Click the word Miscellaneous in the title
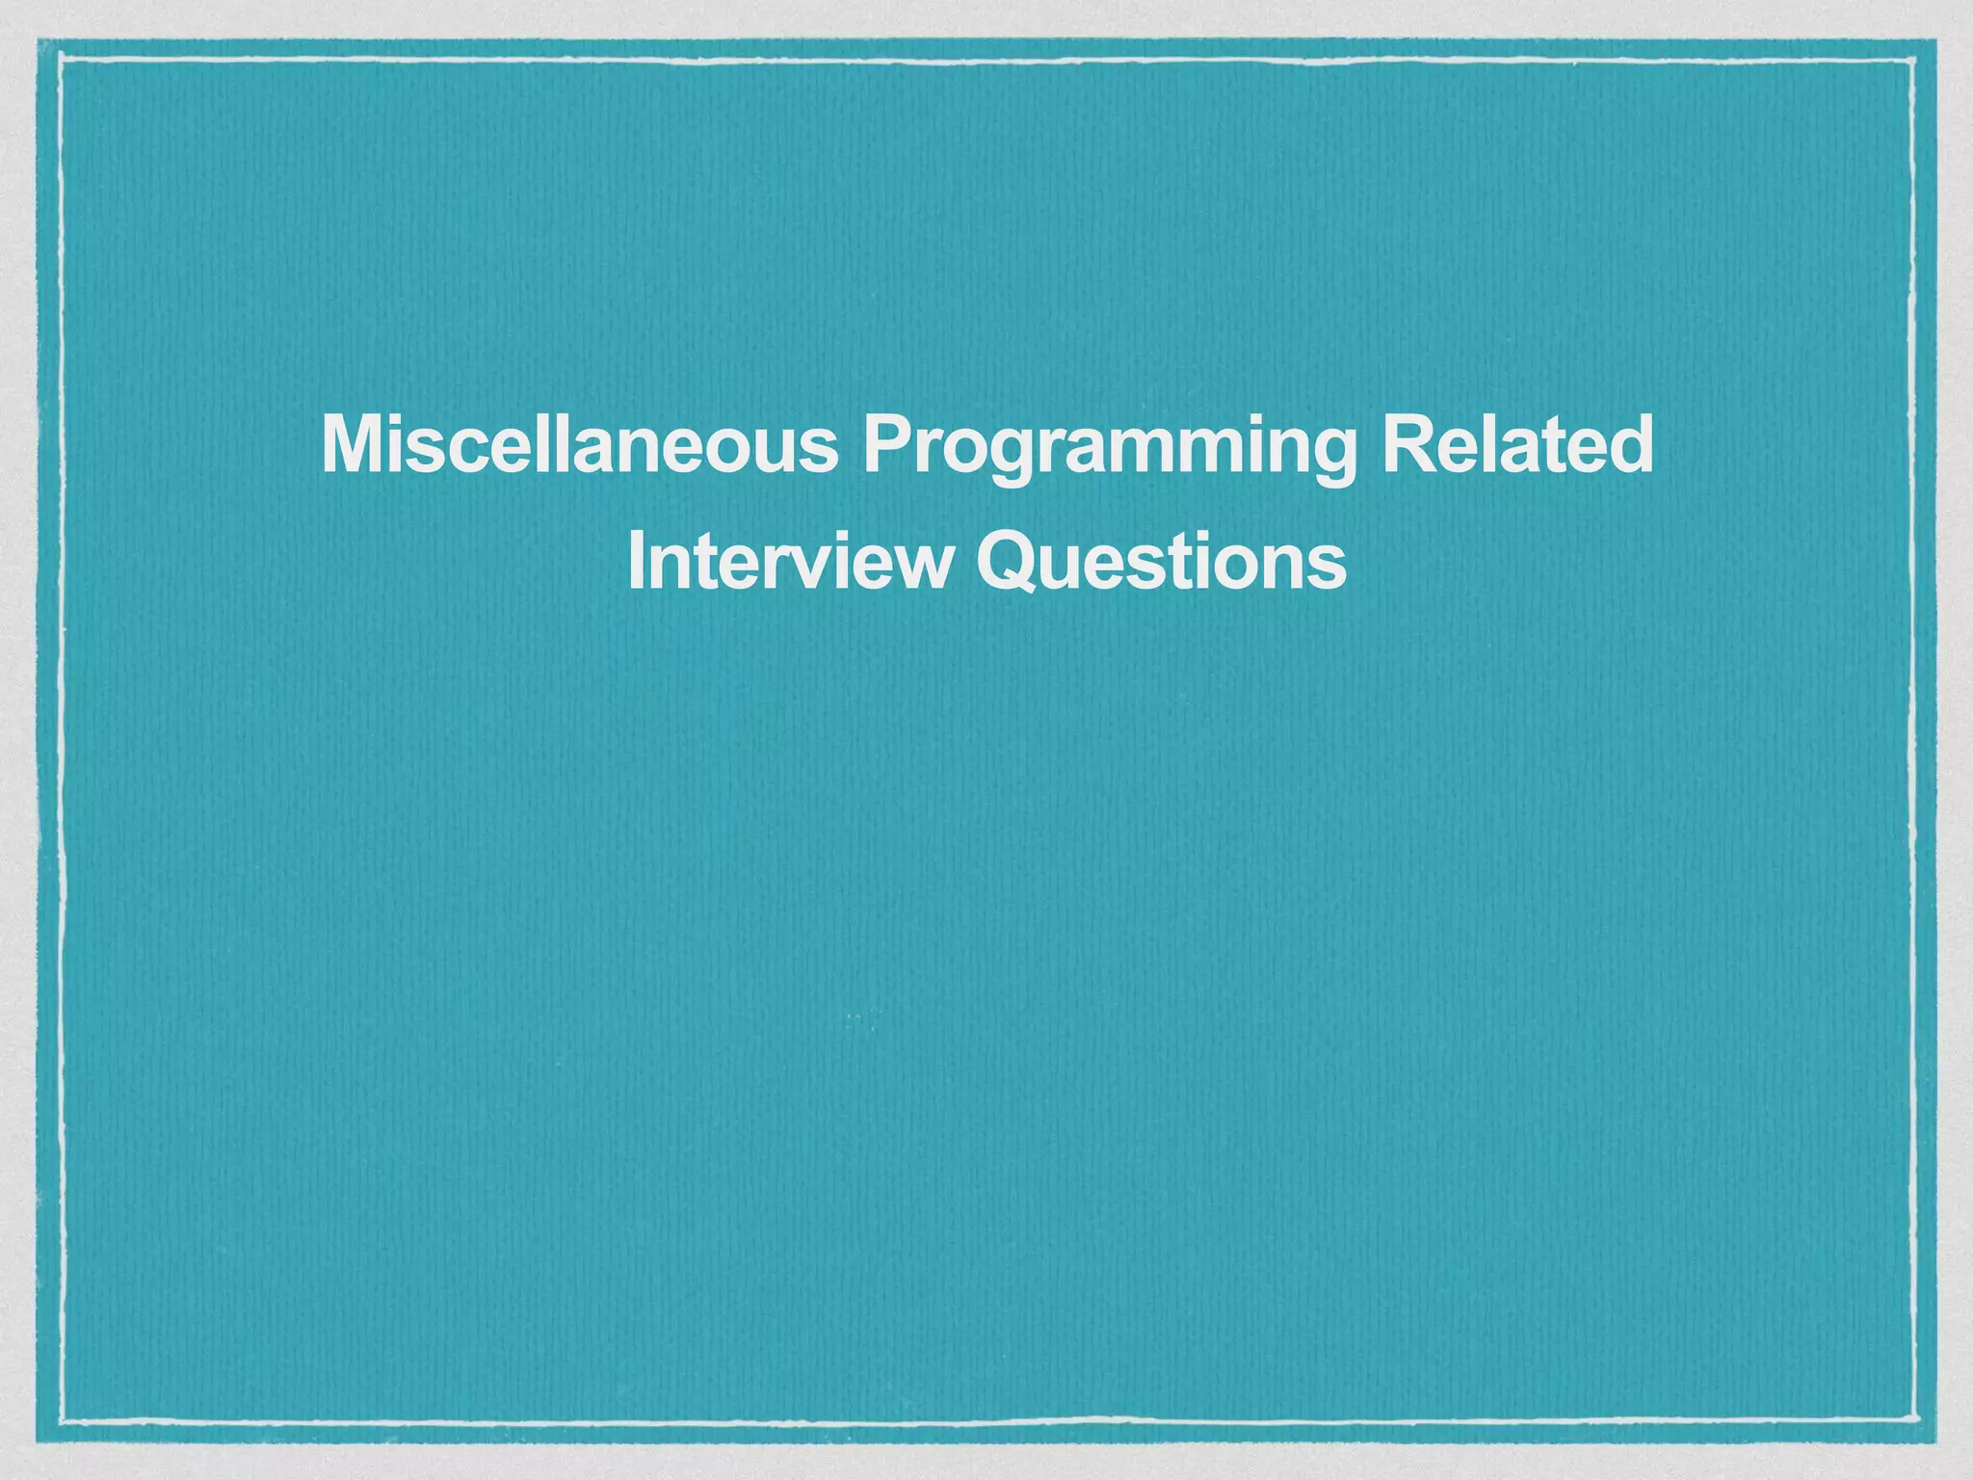point(579,445)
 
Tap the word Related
point(1517,445)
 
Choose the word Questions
point(1161,563)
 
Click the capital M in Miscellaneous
point(351,445)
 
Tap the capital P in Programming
point(885,445)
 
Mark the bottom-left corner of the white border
point(61,1419)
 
